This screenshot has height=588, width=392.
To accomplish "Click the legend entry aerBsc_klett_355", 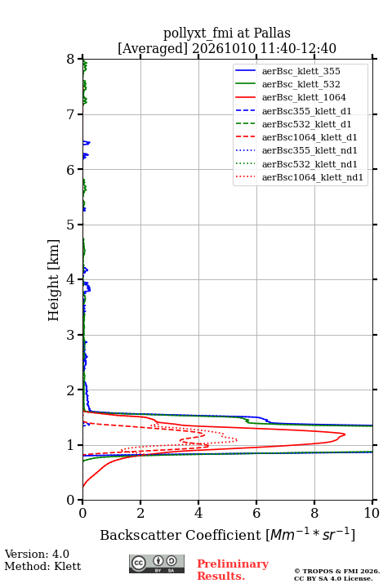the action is click(301, 71).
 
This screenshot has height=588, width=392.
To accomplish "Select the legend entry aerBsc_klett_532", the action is click(301, 84).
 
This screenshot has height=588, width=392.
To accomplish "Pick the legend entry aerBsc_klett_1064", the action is click(304, 97).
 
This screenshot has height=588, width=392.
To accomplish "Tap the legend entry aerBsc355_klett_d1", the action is click(306, 111).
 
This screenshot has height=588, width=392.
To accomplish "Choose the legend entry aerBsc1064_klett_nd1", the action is click(313, 177).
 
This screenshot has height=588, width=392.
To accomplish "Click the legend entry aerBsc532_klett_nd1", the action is click(310, 164).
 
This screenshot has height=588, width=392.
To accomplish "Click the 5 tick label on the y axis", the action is click(71, 225).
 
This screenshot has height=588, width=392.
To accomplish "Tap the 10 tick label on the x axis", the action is click(372, 513).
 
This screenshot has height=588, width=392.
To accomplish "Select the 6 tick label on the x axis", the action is click(256, 513).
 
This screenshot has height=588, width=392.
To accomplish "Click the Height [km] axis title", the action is click(53, 280).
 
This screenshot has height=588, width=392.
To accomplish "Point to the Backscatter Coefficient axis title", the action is click(227, 534).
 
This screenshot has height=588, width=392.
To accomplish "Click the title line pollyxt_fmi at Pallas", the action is click(227, 33).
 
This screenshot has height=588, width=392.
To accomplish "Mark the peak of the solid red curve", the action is click(345, 434).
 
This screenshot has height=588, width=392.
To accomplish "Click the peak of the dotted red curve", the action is click(237, 440).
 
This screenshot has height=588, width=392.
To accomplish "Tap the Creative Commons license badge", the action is click(157, 563).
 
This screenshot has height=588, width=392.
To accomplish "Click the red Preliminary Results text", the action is click(233, 570).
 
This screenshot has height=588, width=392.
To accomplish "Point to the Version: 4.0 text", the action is click(37, 554).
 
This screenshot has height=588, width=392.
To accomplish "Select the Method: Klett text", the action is click(42, 566).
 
